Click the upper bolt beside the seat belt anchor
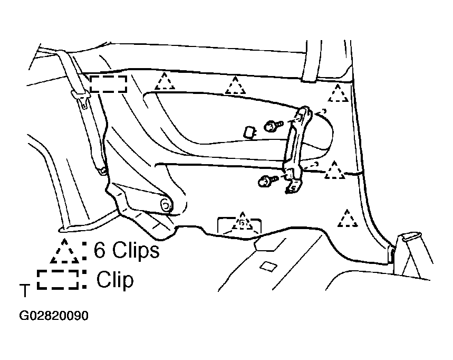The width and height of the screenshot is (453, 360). pos(273,126)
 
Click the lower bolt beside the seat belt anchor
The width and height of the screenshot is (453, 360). pos(267,181)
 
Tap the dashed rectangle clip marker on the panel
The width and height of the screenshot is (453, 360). pos(108,84)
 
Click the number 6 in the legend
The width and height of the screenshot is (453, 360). pos(99,250)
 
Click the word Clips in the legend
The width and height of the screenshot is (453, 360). pos(136,250)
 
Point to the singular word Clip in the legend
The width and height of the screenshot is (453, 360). pos(115,280)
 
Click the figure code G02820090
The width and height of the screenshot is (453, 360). pos(53,316)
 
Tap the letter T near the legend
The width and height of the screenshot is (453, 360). pos(25,290)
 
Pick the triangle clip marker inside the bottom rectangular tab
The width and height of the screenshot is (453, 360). pos(242,221)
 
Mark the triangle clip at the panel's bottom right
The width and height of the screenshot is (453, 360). pos(348,219)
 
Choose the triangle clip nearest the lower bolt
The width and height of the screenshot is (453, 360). pos(334,170)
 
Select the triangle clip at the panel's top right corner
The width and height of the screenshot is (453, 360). pos(338,93)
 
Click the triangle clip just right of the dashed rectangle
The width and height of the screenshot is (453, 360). pos(165,81)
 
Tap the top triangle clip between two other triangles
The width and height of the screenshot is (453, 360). pos(235,86)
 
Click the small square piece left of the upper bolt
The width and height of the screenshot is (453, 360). pos(249,132)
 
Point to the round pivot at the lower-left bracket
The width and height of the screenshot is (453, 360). pos(166,205)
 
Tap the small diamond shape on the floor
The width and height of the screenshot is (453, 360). pos(268,267)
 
